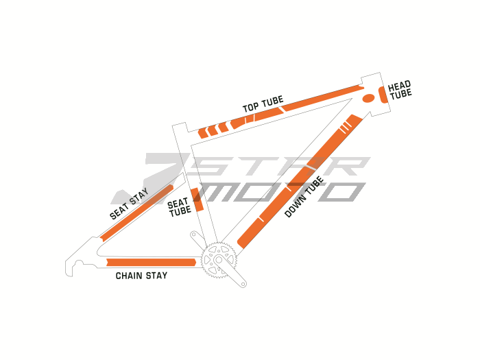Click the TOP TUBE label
263,105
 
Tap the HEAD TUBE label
400,91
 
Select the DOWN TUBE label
304,197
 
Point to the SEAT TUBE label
180,207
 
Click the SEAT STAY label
129,205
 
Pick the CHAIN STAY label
141,276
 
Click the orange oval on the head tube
368,98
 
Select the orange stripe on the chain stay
151,262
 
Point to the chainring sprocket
219,259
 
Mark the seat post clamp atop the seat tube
180,128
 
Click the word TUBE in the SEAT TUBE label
180,211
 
